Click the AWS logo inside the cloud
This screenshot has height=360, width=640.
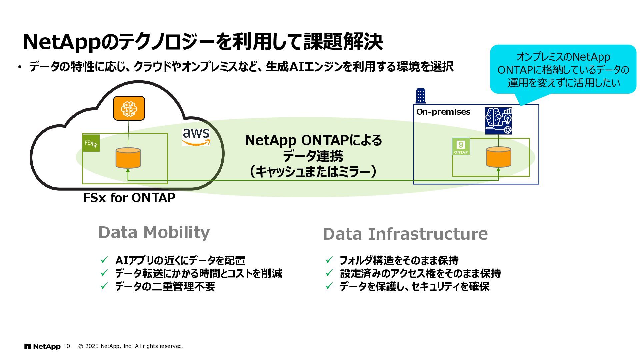[196, 137]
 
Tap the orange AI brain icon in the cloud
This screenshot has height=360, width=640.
[129, 108]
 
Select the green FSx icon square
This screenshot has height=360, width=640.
[91, 143]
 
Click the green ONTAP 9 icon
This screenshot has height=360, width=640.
[461, 147]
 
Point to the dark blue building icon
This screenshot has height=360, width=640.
[421, 96]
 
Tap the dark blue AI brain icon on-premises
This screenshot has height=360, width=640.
[498, 121]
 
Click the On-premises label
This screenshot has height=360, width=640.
[443, 112]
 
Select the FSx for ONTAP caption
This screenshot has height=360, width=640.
[129, 198]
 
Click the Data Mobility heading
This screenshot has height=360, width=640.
[154, 232]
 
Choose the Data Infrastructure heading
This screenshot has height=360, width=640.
[405, 234]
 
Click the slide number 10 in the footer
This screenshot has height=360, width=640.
[67, 346]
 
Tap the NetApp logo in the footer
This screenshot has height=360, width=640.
[42, 347]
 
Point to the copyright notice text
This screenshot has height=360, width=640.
[131, 346]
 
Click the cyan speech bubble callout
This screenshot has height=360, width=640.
[563, 69]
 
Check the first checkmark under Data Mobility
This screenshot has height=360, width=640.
[104, 260]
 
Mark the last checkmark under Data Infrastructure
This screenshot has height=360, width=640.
[329, 286]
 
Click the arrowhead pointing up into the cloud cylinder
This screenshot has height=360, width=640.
[128, 171]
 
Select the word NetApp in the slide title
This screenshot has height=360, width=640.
[61, 42]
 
